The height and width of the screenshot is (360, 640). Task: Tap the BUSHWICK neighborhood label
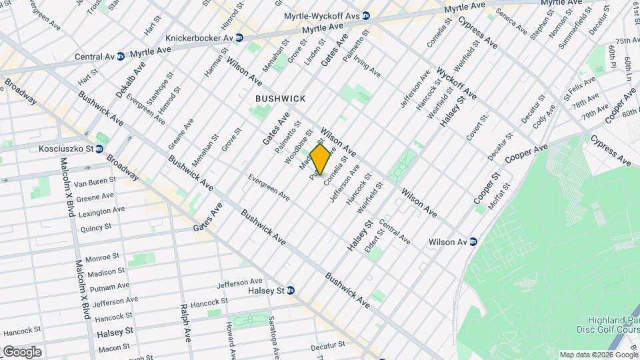click(280, 99)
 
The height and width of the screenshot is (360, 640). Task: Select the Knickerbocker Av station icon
click(239, 38)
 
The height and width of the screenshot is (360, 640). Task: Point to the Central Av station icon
click(120, 57)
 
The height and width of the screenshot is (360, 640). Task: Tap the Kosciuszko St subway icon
click(99, 148)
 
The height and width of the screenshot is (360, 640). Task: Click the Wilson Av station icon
click(473, 241)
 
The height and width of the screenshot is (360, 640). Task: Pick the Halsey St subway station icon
click(291, 290)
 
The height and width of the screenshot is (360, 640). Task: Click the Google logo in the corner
click(21, 351)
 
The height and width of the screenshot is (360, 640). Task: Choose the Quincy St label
click(95, 227)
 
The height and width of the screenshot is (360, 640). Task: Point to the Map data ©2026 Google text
click(598, 355)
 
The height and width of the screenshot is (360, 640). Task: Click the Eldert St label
click(373, 241)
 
